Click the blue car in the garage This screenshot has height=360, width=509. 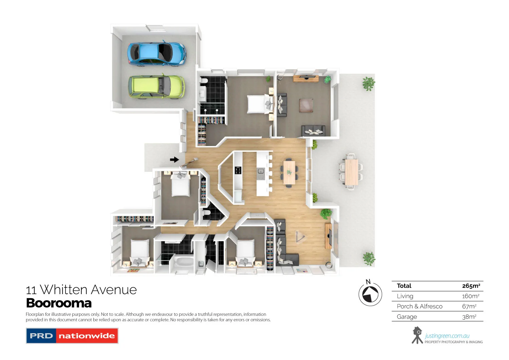point(156,54)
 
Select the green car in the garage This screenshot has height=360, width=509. point(156,87)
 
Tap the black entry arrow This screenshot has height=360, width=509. point(174,160)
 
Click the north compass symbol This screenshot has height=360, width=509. point(370,294)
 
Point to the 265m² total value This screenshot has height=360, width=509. point(471,286)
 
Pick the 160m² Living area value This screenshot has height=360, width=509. point(471,296)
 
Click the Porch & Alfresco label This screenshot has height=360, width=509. point(419,306)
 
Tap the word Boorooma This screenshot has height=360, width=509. point(59,303)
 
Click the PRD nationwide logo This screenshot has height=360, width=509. point(72,336)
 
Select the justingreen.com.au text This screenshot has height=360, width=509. point(447,336)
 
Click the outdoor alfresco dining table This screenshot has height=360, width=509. point(351,172)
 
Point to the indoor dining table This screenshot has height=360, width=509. point(289,172)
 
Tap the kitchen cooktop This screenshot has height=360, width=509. point(238,170)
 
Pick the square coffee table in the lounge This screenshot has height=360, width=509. point(306,105)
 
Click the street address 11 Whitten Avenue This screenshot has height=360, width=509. point(81,290)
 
